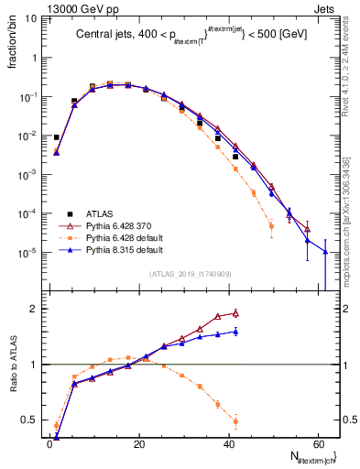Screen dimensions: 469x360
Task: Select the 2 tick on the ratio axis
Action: click(34, 309)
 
